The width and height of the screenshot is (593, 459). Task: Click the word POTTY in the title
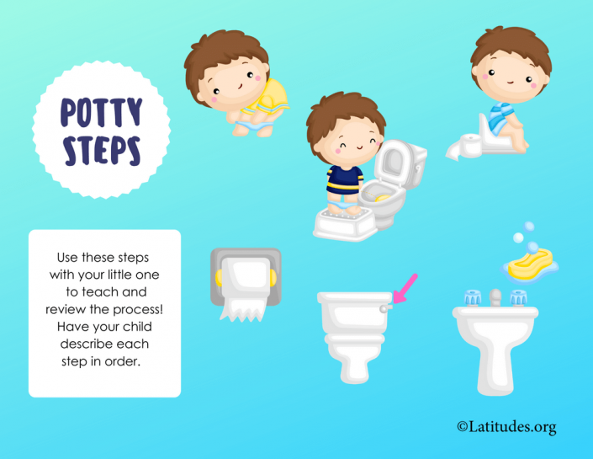tap(100, 113)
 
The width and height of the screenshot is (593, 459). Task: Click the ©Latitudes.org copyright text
tap(506, 428)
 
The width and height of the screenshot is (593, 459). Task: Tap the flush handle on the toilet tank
tap(386, 308)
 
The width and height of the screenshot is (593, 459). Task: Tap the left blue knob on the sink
tap(471, 298)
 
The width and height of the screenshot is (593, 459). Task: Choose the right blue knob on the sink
tap(519, 298)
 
